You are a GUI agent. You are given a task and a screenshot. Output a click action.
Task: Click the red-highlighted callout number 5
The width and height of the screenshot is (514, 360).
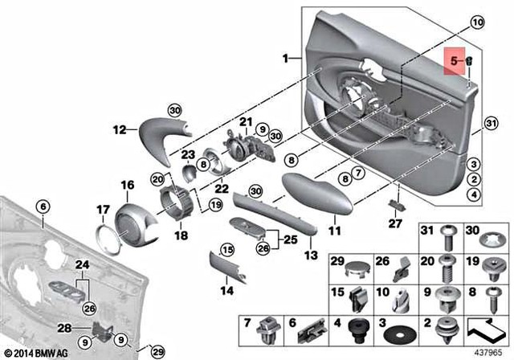pyautogui.click(x=454, y=60)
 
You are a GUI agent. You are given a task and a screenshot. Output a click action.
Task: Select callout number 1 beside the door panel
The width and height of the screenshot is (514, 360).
pyautogui.click(x=284, y=58)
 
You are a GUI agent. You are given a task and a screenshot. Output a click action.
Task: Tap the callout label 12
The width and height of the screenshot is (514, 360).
pyautogui.click(x=120, y=129)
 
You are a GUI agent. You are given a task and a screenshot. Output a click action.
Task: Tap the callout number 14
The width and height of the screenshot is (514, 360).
pyautogui.click(x=227, y=289)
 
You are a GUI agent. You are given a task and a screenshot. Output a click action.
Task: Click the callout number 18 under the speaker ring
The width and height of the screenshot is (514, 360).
pyautogui.click(x=181, y=236)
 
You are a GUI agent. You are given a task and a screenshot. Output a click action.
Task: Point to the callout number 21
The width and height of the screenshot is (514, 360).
pyautogui.click(x=246, y=121)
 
